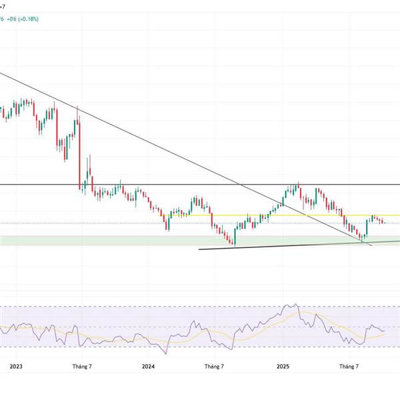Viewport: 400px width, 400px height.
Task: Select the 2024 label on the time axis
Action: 149,366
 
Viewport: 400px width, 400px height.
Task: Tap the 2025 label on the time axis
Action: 283,366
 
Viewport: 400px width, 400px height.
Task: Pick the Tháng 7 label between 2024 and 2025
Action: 215,366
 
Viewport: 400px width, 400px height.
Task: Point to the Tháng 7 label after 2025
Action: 349,366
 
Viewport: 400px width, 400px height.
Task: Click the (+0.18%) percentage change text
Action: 29,19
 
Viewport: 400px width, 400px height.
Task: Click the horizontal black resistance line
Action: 200,184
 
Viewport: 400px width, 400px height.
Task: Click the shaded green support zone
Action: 100,240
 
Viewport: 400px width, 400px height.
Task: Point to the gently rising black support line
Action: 280,247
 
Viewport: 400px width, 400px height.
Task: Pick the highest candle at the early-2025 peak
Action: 297,187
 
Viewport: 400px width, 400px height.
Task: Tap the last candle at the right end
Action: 384,221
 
